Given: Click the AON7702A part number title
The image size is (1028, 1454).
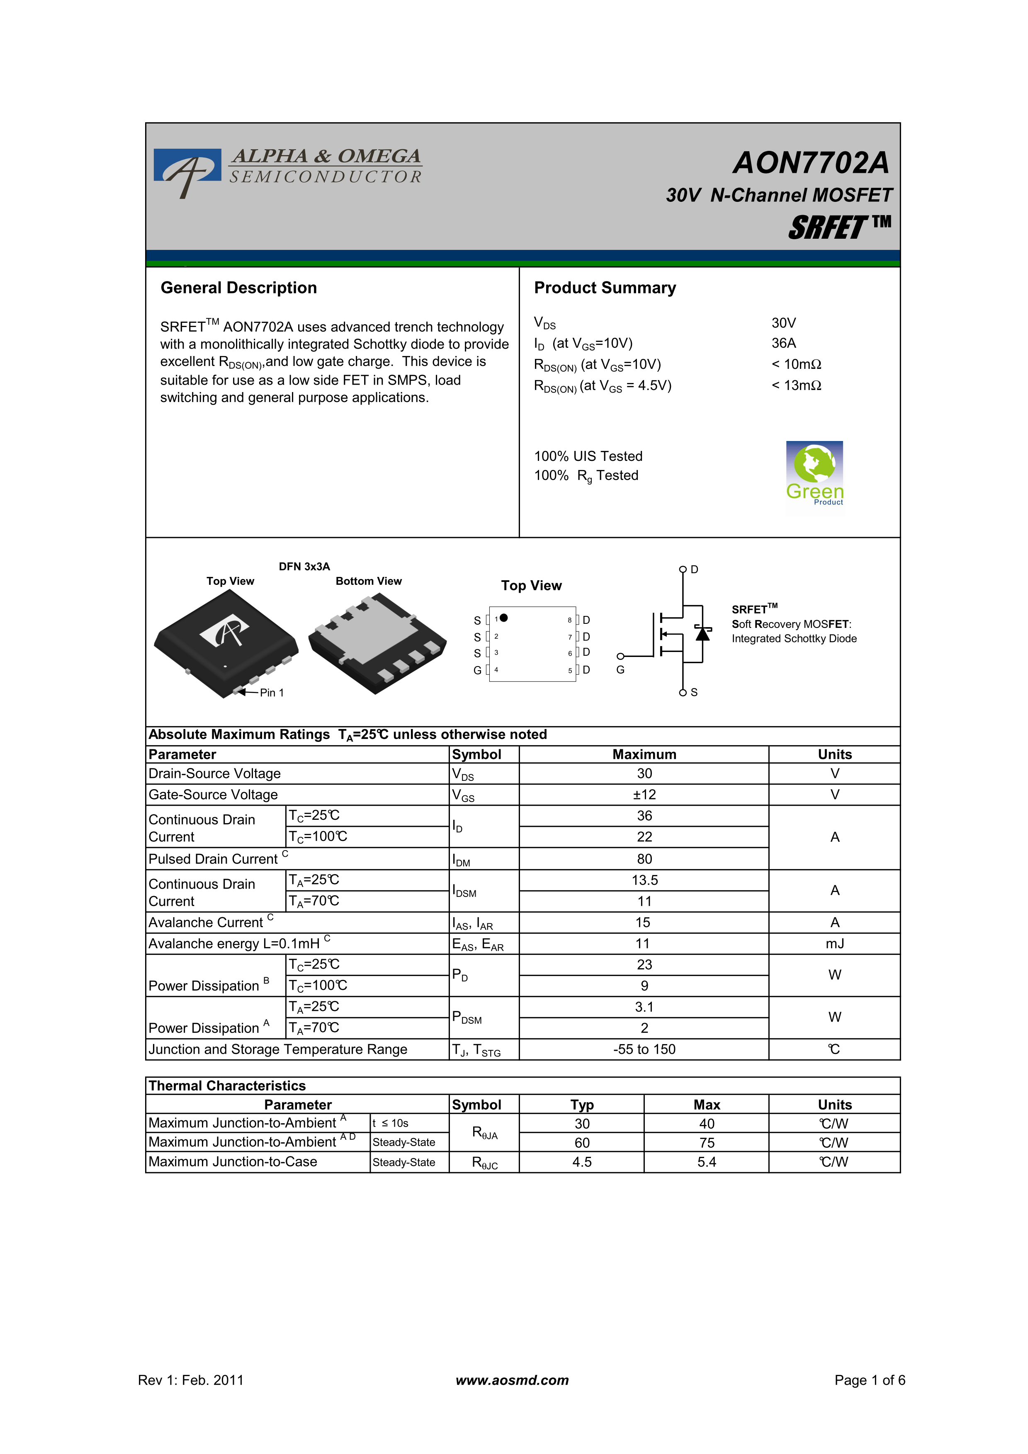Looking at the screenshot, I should pos(811,163).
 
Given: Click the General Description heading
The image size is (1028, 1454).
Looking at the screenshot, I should pos(239,288).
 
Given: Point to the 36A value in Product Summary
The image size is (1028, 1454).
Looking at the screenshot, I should pos(783,343).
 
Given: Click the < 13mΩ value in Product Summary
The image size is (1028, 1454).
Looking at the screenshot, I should pos(796,385).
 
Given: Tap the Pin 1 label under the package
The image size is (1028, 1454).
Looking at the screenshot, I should pos(272,693).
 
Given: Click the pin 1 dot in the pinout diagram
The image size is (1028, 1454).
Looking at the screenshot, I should pos(503,618).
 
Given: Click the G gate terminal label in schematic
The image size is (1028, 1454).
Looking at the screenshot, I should pos(620,669).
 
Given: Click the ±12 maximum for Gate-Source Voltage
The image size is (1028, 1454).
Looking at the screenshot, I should pos(644,795).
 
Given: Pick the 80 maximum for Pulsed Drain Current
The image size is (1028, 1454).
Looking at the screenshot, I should pos(644,859).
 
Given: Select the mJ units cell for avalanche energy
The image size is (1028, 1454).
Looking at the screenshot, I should pos(834,944).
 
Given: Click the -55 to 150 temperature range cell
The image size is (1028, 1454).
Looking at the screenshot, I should pos(644,1049).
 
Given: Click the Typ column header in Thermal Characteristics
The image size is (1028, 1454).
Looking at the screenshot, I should pos(581,1105).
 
